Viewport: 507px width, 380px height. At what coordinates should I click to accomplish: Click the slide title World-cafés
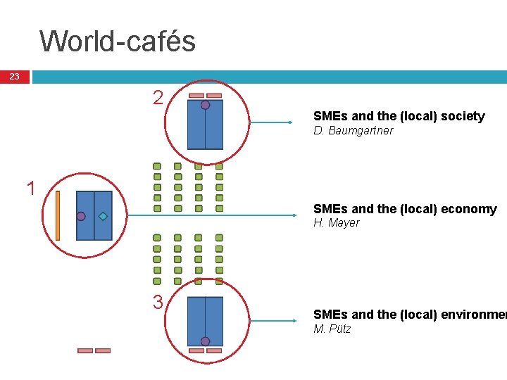click(x=118, y=41)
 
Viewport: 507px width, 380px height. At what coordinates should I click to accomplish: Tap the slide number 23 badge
click(x=15, y=77)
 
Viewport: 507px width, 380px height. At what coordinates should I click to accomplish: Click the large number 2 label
click(x=158, y=98)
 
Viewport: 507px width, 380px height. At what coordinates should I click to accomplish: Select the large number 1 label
click(x=30, y=189)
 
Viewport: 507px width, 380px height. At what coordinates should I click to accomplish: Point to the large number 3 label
click(x=158, y=303)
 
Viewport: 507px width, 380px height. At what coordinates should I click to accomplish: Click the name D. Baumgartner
click(x=353, y=131)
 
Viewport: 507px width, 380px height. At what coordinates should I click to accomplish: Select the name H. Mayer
click(x=336, y=223)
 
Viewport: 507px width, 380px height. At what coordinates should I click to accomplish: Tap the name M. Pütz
click(x=332, y=329)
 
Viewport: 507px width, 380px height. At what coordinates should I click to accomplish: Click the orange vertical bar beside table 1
click(x=58, y=215)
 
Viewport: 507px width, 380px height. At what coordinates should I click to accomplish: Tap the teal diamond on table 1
click(x=103, y=216)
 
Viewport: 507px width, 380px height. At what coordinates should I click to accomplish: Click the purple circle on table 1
click(x=81, y=216)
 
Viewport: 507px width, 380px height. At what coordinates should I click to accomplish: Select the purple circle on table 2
click(x=205, y=105)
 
